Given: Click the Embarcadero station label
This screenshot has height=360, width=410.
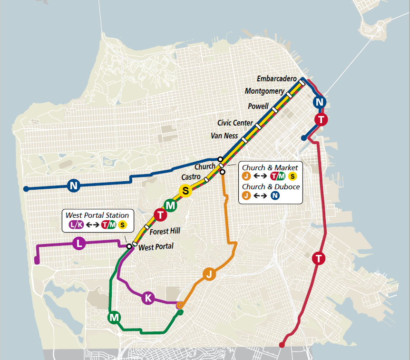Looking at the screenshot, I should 276,78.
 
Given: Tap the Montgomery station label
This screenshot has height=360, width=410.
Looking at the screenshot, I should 264,91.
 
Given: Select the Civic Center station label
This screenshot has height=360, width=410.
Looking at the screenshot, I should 235,123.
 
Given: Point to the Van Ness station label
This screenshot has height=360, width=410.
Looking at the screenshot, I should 224,136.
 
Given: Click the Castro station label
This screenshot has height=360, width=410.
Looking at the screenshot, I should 191,177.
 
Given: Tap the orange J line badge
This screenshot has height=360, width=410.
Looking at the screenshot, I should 208,273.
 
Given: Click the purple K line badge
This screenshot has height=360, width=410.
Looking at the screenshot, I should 148,298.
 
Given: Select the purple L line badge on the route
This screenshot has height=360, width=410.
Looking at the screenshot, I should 79,244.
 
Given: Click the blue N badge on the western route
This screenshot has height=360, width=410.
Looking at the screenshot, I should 73,185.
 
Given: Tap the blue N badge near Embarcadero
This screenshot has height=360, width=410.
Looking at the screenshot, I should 320,102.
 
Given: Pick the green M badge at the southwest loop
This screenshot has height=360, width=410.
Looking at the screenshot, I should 114,317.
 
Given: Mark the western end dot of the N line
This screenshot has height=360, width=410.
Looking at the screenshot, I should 26,189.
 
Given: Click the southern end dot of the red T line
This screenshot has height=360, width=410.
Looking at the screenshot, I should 282,345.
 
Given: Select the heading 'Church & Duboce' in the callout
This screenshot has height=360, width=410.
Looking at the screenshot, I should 271,186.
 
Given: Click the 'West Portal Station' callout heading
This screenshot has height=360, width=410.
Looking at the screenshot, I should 97,215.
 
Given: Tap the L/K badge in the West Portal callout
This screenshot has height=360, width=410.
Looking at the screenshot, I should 76,224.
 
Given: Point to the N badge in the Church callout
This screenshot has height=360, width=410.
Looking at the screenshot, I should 275,195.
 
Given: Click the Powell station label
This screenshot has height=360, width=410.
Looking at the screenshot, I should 258,106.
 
